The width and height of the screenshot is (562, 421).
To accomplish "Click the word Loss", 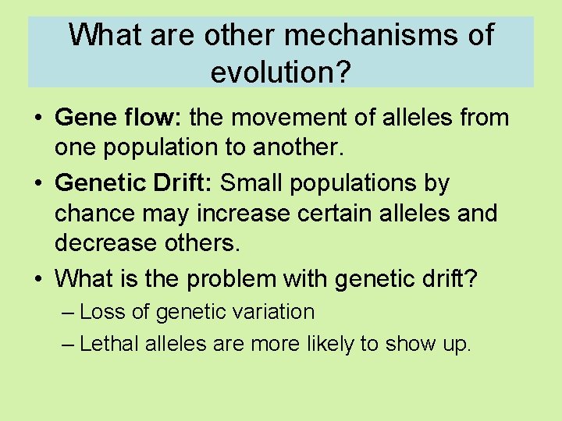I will pyautogui.click(x=98, y=313).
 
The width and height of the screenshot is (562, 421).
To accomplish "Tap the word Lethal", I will pyautogui.click(x=109, y=344).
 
